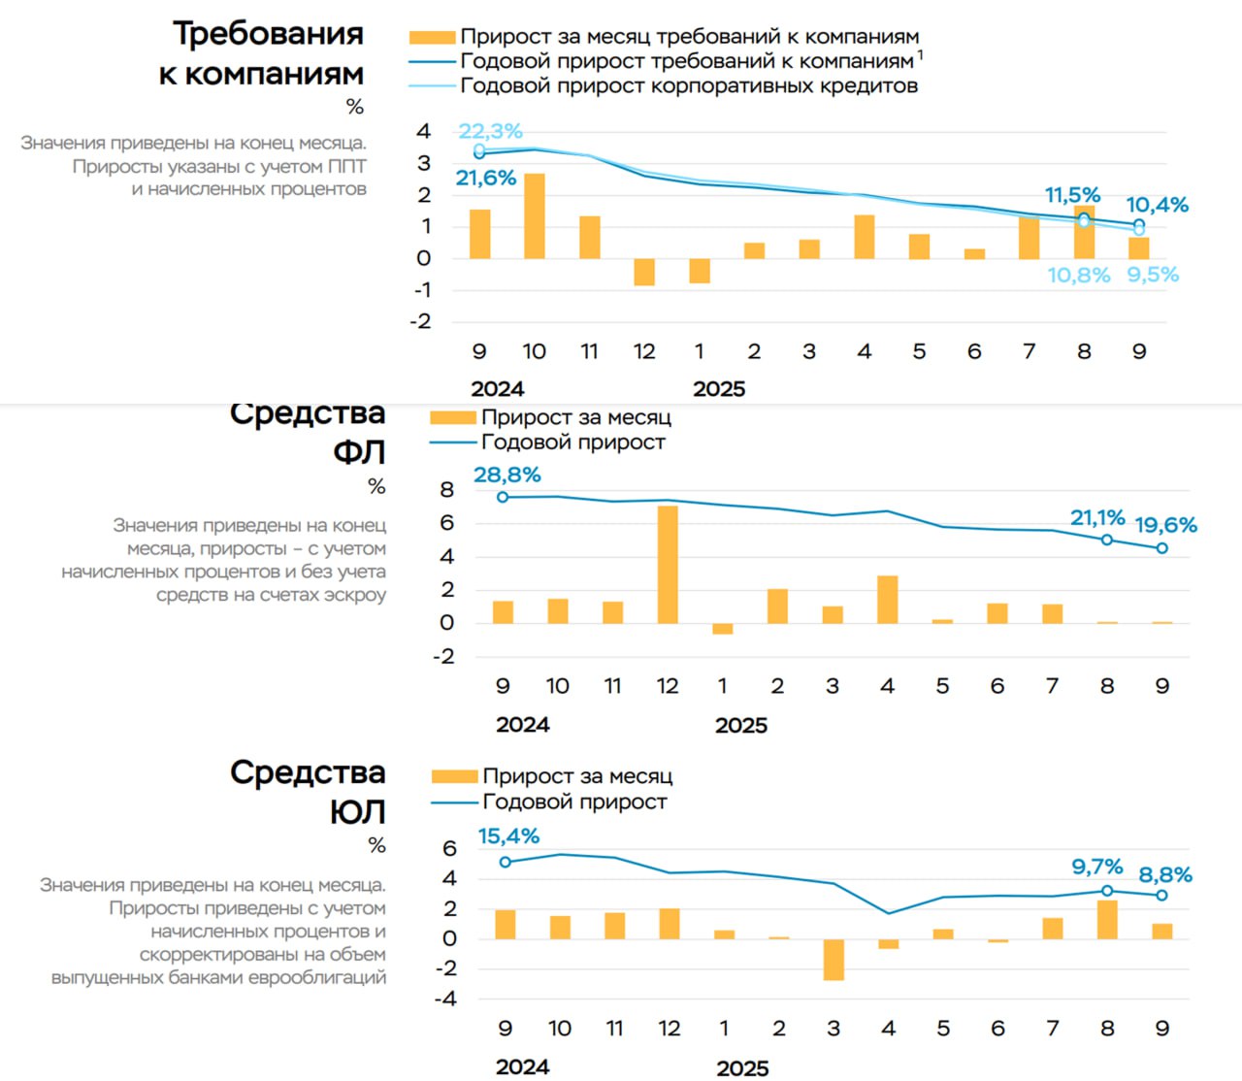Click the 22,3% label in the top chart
coord(490,131)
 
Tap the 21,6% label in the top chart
coord(485,179)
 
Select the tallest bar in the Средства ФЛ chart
coord(668,564)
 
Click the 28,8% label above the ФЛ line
coord(507,475)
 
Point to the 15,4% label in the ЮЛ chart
coord(507,835)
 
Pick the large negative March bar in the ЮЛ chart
coord(833,959)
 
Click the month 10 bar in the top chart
coord(535,215)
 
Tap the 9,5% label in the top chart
coord(1152,275)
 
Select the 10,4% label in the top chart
coord(1157,205)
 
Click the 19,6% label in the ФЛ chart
coord(1165,525)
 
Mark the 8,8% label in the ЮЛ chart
coord(1164,874)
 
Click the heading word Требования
coord(268,33)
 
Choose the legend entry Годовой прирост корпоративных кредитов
coord(688,86)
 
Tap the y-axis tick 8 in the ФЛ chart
coord(446,489)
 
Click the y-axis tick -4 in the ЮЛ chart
coord(445,999)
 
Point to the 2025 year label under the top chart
coord(719,389)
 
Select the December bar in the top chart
coord(644,272)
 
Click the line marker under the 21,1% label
coord(1107,540)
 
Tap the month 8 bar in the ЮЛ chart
coord(1107,919)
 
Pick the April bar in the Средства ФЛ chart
coord(887,599)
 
